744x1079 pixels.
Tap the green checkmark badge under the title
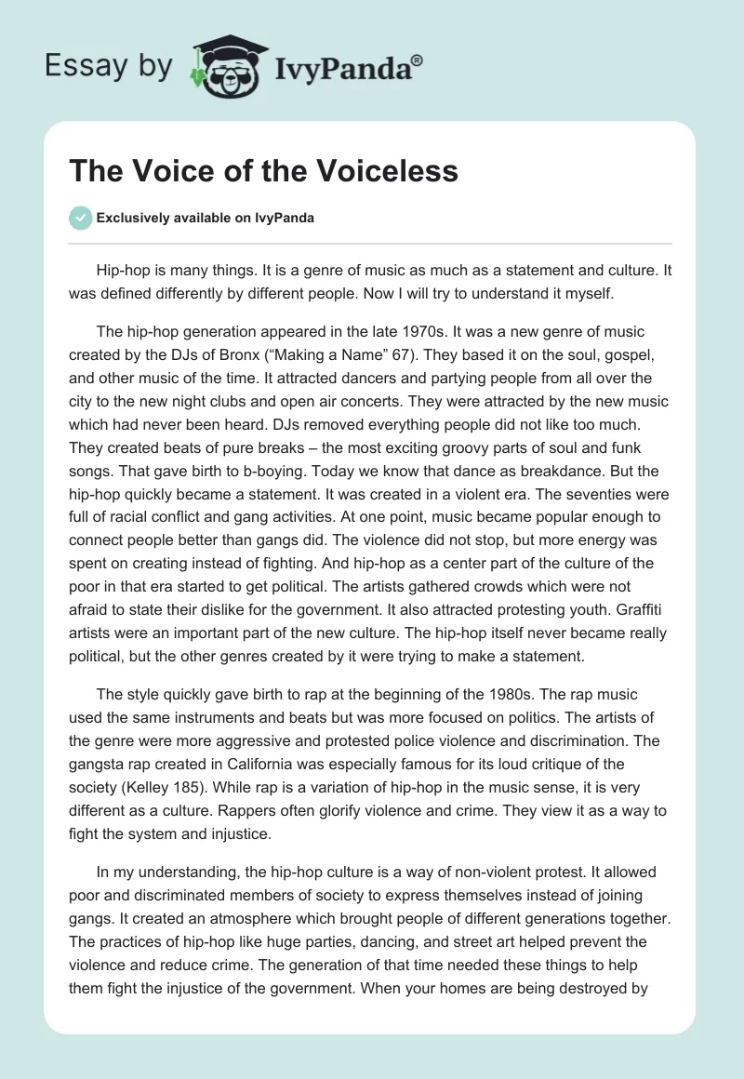[x=80, y=218]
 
